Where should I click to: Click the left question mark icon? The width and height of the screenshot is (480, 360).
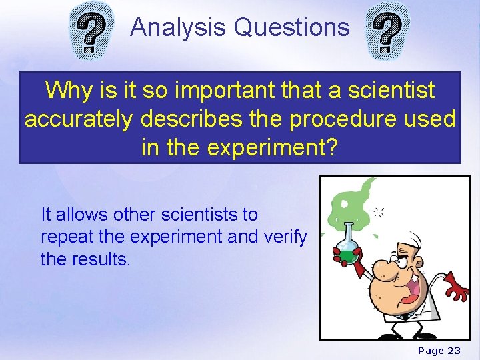[91, 31]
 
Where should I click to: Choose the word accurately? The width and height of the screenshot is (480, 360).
[79, 119]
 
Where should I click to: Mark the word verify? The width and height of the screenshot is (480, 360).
[285, 237]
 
